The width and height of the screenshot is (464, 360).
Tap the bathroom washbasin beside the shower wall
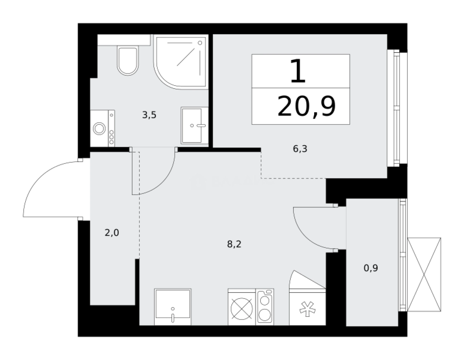coord(194,125)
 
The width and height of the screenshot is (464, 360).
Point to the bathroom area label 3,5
coord(149,115)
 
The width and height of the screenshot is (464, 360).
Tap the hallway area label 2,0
coord(112,233)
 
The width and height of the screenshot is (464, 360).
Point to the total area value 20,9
coord(306,107)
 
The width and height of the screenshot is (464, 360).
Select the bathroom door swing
coord(155,174)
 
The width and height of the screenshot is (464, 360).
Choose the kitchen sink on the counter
coord(173,307)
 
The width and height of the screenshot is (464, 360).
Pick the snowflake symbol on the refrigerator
coord(307,309)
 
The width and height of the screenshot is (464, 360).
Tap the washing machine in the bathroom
coord(102,128)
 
